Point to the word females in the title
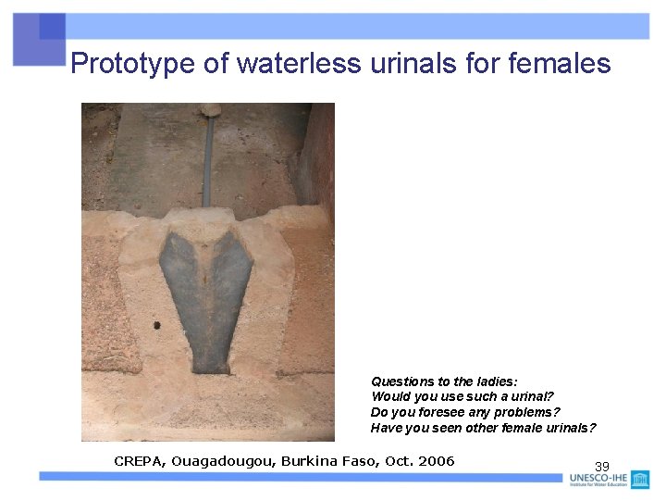pos(560,63)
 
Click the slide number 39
pos(601,467)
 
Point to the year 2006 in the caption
pos(436,461)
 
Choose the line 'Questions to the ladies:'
pos(444,381)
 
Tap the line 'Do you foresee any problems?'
pos(465,412)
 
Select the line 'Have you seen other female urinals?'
pos(484,428)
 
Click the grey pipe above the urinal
pos(208,157)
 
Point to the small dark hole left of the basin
pos(156,325)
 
